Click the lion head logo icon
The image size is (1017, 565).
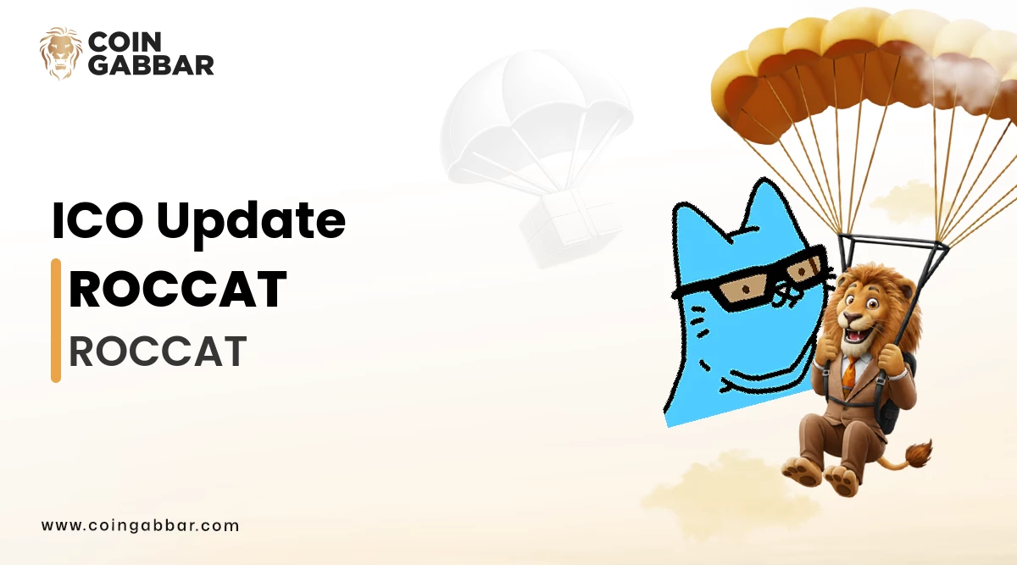60,53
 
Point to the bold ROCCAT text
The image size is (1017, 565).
177,289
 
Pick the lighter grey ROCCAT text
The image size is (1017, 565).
158,351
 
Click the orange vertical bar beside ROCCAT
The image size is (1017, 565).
56,320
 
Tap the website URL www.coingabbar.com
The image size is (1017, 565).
141,525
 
